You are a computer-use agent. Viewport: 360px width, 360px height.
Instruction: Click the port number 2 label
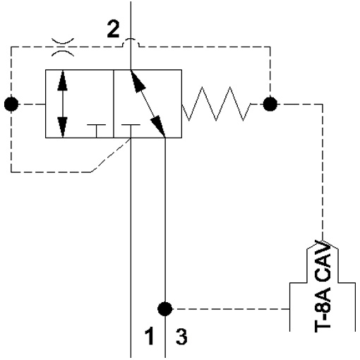pyautogui.click(x=113, y=29)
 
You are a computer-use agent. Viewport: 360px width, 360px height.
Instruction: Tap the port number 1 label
pyautogui.click(x=150, y=337)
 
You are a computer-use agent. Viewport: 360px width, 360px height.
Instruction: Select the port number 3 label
pyautogui.click(x=181, y=337)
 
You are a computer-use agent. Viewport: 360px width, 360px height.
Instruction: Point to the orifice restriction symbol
pyautogui.click(x=63, y=47)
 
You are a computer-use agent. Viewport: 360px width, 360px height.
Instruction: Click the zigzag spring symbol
pyautogui.click(x=216, y=104)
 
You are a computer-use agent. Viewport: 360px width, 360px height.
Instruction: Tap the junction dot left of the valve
pyautogui.click(x=11, y=104)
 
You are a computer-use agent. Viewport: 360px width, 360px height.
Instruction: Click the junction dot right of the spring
pyautogui.click(x=270, y=104)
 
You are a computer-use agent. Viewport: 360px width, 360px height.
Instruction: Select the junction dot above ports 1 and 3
pyautogui.click(x=165, y=308)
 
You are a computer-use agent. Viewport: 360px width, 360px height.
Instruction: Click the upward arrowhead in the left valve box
pyautogui.click(x=62, y=80)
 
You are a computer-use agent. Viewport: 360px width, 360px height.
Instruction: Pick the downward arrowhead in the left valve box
pyautogui.click(x=62, y=127)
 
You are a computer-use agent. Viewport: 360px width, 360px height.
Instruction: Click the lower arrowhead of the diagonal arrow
pyautogui.click(x=158, y=126)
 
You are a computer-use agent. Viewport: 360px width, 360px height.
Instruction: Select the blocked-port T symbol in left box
pyautogui.click(x=96, y=131)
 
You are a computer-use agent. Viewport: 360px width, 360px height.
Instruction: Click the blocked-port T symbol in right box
pyautogui.click(x=131, y=131)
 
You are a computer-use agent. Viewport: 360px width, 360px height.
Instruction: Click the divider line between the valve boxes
pyautogui.click(x=114, y=104)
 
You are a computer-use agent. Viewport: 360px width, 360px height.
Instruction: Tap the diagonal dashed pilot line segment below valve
pyautogui.click(x=111, y=155)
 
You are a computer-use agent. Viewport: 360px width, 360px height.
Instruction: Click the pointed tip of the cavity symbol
pyautogui.click(x=323, y=241)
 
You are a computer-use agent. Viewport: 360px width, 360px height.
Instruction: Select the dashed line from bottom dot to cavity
pyautogui.click(x=231, y=308)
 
